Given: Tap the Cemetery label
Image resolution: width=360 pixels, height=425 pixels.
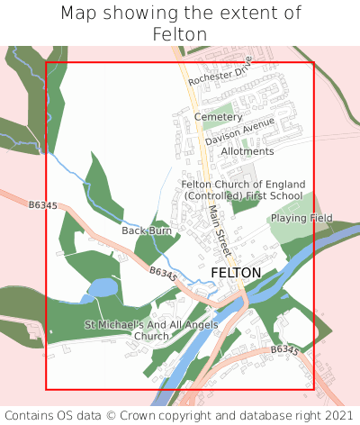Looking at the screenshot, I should coord(218,117).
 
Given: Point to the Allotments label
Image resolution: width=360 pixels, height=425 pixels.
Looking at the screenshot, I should coord(247,151).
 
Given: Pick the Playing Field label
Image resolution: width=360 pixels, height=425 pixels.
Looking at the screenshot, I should coord(301,218).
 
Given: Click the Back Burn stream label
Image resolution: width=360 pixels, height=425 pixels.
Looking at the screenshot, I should coord(147,231).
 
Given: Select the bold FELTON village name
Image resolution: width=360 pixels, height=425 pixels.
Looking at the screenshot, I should coord(236,272).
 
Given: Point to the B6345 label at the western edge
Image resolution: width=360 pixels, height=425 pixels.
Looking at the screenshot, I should coord(42,206).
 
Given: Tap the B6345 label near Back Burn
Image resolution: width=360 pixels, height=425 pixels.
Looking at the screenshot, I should coord(163,272).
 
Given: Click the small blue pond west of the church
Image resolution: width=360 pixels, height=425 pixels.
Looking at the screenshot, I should coord(103,288).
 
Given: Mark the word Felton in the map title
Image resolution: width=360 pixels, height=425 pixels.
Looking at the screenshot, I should coord(180,34).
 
